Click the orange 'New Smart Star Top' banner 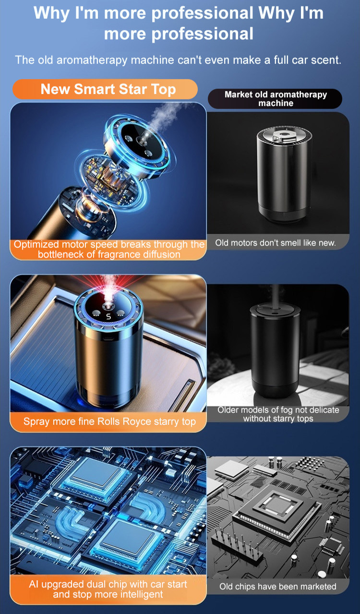(x=108, y=89)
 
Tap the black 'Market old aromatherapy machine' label (x=275, y=99)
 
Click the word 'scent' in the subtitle (x=324, y=60)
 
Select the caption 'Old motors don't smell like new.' (x=275, y=243)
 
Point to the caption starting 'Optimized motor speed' (x=108, y=249)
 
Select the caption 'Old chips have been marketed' (x=278, y=586)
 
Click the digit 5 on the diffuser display (x=108, y=316)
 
